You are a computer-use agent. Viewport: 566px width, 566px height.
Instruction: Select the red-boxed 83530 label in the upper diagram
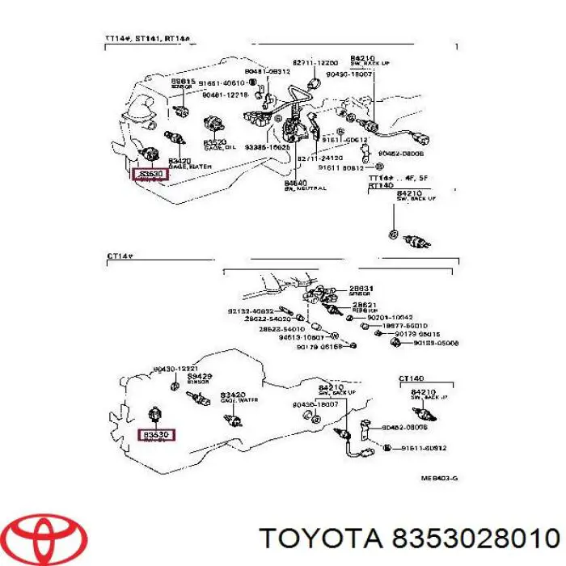[151, 173]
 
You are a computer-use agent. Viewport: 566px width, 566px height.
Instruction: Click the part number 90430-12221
[173, 370]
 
